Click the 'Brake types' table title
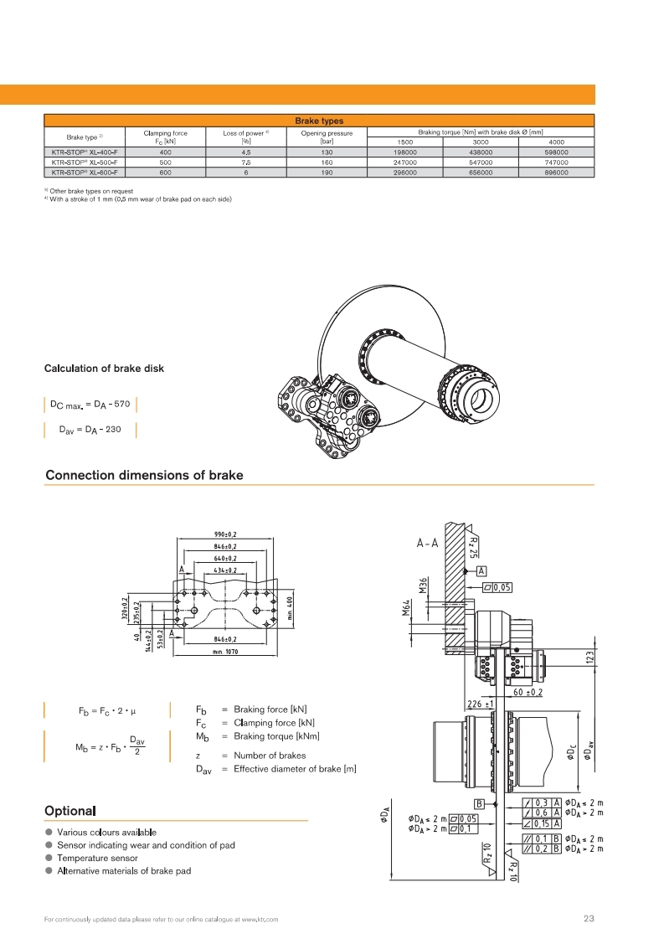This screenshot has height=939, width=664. tap(319, 121)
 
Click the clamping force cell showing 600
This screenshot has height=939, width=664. tap(165, 172)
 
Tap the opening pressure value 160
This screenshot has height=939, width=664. tap(327, 163)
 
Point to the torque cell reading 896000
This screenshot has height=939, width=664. tap(556, 172)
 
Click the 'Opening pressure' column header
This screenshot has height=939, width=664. tap(327, 132)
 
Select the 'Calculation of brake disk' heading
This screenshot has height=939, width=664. tap(104, 369)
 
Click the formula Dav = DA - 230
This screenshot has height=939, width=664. tap(90, 430)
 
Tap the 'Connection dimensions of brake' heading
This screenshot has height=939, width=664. tap(144, 475)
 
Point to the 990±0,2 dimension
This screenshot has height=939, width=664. tap(224, 534)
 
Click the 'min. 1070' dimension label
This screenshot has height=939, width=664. tap(224, 651)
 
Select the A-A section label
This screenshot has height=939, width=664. tap(428, 543)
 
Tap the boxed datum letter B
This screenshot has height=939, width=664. tap(480, 805)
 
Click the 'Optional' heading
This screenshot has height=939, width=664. tap(69, 811)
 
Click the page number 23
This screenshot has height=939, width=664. tap(588, 919)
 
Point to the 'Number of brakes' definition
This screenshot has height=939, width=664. tap(270, 755)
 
